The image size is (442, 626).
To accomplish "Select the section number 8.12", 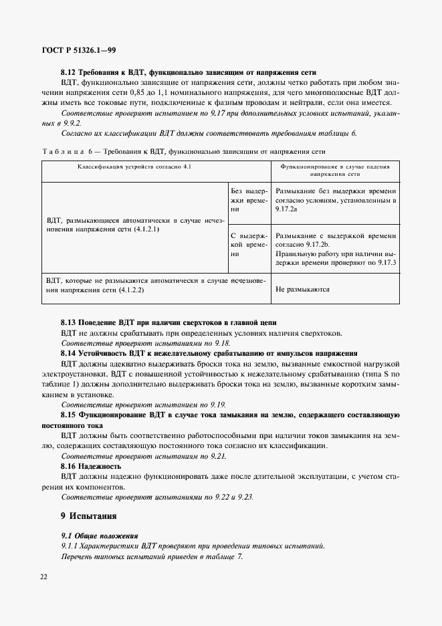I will point(69,72).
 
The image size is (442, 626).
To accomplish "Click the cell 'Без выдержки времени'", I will point(249,199).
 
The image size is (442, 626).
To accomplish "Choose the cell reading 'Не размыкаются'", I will point(303,290).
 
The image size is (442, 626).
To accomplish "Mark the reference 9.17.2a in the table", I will point(287,209).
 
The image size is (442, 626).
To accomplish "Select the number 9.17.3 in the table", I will point(384,263).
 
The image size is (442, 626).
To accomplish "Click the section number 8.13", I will point(69,323).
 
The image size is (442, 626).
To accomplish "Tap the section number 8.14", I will point(69,353).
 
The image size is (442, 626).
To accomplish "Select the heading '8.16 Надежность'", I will point(90,466).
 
